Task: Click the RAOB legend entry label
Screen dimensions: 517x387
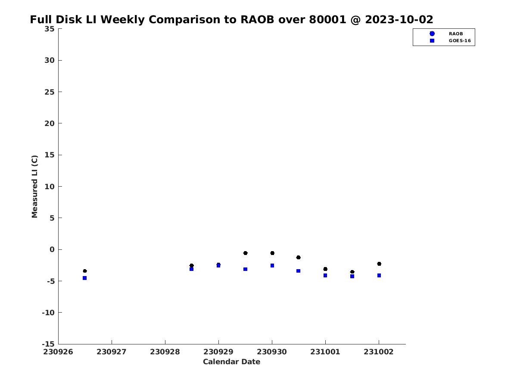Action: click(455, 34)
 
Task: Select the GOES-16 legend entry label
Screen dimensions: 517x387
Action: click(460, 41)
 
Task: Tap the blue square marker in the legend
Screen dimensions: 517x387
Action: click(432, 41)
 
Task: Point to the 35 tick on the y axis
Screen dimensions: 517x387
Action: click(50, 29)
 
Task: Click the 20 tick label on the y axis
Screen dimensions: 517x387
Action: click(50, 123)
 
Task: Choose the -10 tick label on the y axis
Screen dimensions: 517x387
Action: click(48, 313)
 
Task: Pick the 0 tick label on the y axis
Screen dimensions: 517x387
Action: click(52, 249)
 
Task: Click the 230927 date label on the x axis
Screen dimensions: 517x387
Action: click(112, 352)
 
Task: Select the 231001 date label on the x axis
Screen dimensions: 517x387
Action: click(325, 352)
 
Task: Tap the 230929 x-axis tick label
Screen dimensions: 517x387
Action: click(218, 352)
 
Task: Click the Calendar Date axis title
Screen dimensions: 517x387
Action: click(231, 362)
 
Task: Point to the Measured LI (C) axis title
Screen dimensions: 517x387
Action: click(34, 187)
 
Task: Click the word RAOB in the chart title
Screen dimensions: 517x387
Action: click(257, 19)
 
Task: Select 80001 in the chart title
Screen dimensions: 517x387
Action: click(327, 19)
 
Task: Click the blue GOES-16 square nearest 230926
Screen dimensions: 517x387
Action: click(85, 278)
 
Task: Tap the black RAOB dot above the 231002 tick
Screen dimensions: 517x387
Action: click(379, 264)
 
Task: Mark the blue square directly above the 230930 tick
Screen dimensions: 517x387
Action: click(272, 265)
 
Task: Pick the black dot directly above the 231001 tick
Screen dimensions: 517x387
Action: click(325, 269)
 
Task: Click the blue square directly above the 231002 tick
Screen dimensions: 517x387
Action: click(379, 275)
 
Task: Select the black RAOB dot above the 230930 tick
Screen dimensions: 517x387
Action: click(272, 253)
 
